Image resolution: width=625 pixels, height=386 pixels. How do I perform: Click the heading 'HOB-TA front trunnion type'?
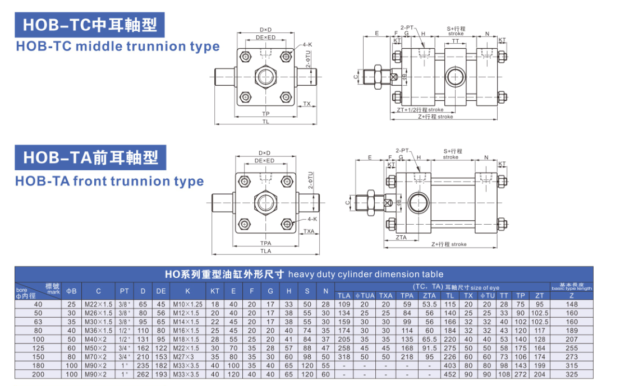point(109,182)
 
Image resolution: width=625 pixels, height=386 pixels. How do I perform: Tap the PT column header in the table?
point(124,291)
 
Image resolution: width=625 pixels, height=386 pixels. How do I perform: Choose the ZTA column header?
point(429,295)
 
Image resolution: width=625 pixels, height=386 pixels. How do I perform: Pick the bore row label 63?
point(38,322)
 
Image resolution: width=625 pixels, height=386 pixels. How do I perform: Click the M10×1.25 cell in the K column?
point(189,304)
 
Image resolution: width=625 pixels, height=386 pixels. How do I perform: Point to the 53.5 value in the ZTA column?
point(429,304)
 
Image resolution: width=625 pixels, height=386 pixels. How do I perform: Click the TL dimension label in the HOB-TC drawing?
point(265,121)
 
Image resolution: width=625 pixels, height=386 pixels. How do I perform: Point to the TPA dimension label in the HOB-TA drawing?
point(265,244)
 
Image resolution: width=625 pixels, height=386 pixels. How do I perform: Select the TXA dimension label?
point(308,231)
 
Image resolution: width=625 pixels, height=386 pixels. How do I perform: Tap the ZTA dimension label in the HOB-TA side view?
point(401,238)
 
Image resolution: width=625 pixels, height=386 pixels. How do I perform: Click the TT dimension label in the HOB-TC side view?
point(455,41)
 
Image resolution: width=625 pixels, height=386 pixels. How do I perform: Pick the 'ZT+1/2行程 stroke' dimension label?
point(420,110)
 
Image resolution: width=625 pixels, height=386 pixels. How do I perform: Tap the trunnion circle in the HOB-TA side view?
point(418,203)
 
